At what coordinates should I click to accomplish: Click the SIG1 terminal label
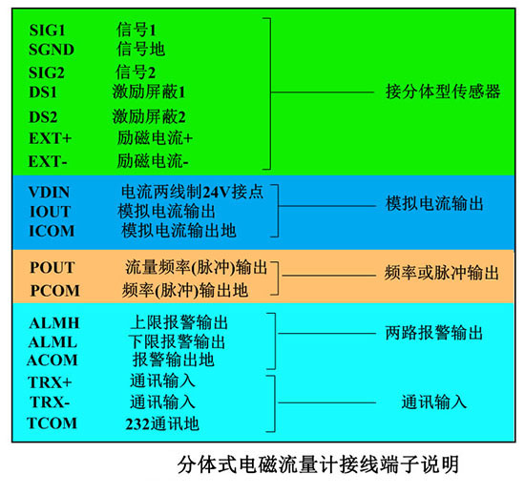[47, 31]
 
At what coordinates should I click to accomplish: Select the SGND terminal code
[52, 50]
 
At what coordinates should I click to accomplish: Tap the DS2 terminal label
[43, 117]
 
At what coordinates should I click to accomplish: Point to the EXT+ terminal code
[51, 138]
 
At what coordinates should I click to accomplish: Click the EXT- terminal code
[48, 161]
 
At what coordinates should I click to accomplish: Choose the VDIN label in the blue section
[50, 193]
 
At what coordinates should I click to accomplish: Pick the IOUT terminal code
[51, 212]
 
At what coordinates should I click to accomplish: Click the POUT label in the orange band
[52, 268]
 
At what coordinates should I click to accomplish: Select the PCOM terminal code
[55, 291]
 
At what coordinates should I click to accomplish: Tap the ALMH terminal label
[53, 323]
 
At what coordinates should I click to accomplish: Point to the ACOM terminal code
[52, 360]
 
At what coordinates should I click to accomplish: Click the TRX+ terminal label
[50, 382]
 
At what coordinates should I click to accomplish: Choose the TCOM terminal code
[52, 423]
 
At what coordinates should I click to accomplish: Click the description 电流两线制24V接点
[192, 192]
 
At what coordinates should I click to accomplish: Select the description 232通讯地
[162, 423]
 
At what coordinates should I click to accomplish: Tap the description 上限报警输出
[179, 322]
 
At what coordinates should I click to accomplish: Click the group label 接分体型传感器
[443, 92]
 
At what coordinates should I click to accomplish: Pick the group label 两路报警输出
[434, 333]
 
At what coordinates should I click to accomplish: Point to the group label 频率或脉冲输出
[442, 273]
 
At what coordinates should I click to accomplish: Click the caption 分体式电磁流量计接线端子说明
[318, 464]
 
